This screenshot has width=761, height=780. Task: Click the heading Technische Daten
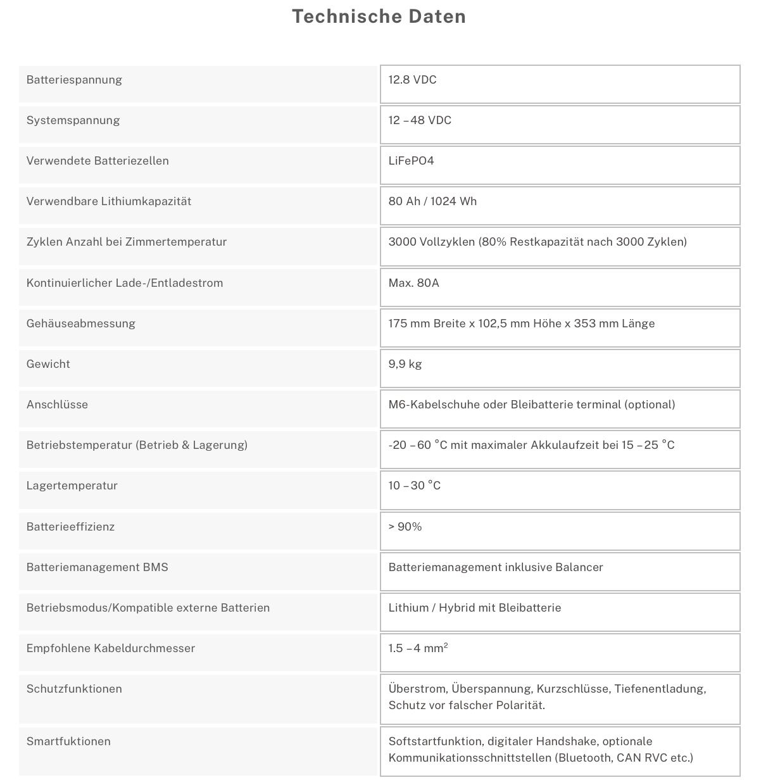(x=379, y=16)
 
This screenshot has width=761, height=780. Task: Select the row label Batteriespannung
(x=74, y=80)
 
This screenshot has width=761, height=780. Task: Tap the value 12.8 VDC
(x=412, y=80)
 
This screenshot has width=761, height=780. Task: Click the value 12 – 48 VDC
(x=420, y=120)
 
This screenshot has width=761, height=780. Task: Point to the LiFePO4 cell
(x=411, y=161)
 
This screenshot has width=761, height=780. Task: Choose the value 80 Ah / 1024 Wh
(x=432, y=201)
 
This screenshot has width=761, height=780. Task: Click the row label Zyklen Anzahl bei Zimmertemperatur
(x=127, y=242)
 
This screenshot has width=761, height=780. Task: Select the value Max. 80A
(x=413, y=283)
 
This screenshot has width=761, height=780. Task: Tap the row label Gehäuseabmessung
(x=81, y=324)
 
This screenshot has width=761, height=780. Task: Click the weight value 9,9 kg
(x=405, y=364)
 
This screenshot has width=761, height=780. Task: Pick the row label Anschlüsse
(x=57, y=405)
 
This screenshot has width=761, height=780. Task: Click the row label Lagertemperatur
(x=72, y=486)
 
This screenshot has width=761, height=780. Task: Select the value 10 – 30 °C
(x=415, y=486)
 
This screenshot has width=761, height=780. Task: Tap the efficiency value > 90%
(x=405, y=527)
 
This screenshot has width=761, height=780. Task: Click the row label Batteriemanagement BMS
(x=97, y=567)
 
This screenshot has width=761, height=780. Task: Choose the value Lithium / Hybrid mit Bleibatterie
(x=475, y=608)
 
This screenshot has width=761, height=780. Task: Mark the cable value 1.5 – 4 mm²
(x=418, y=648)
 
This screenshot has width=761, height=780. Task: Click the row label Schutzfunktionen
(x=74, y=689)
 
